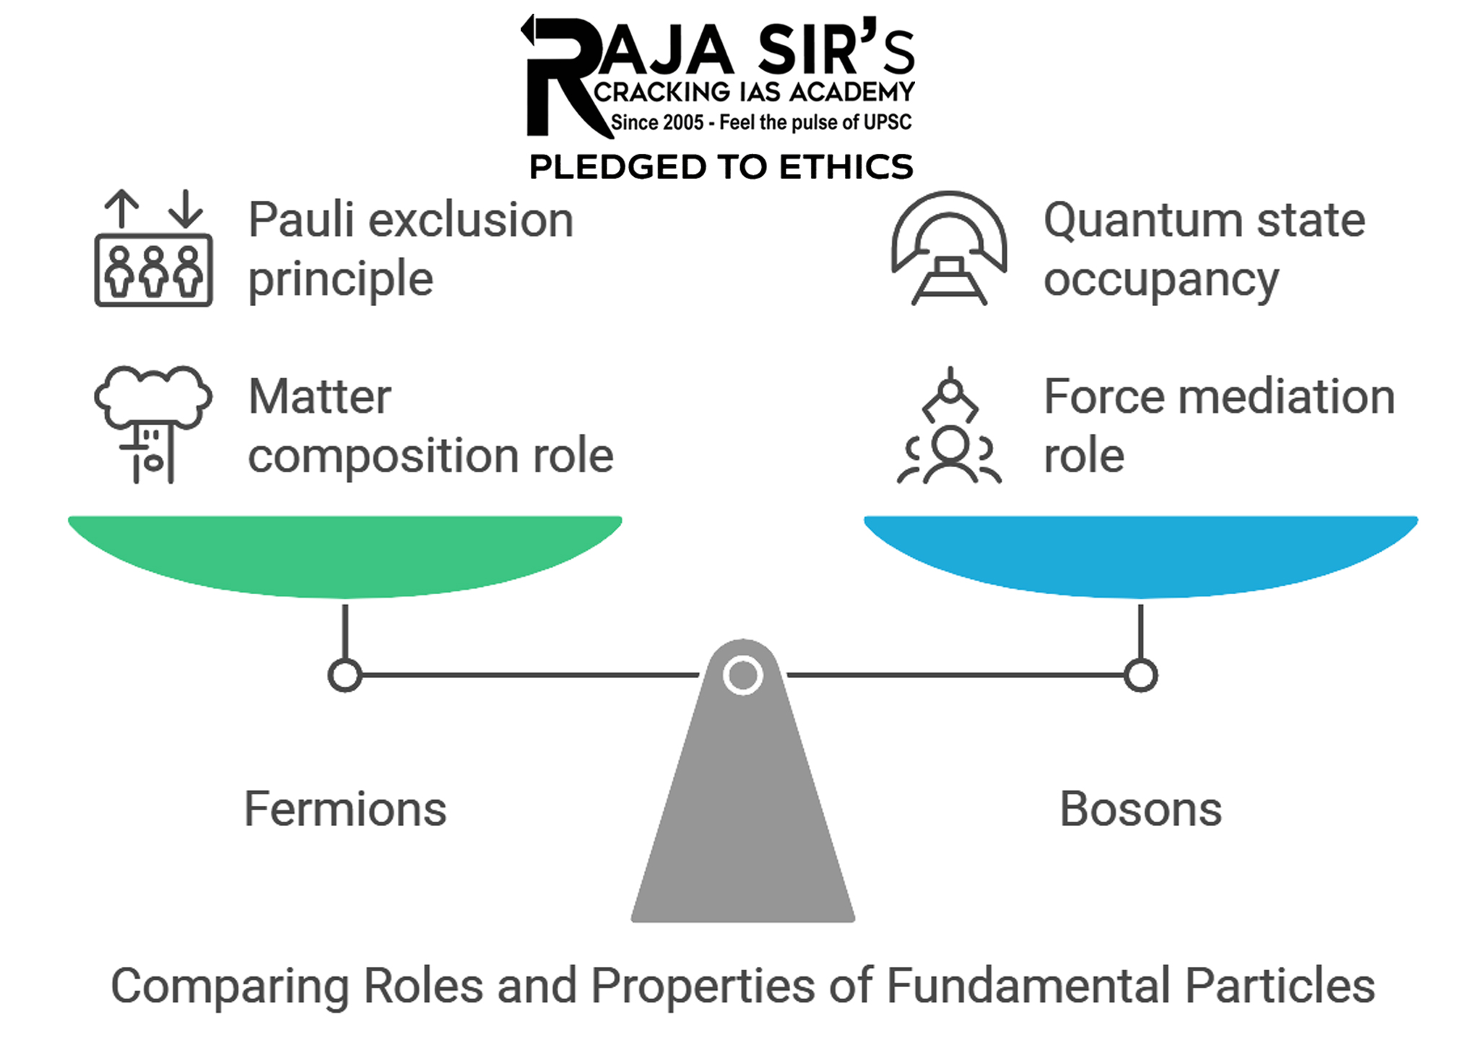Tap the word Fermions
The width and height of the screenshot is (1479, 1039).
(x=345, y=809)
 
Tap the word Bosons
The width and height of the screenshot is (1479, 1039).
(x=1140, y=809)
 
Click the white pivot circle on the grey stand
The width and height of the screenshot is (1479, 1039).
(x=742, y=675)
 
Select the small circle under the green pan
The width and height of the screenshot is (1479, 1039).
(x=345, y=676)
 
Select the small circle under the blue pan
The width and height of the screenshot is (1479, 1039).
(x=1140, y=676)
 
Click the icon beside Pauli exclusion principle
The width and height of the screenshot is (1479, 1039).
(x=153, y=249)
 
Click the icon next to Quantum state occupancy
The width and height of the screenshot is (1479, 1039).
(x=949, y=249)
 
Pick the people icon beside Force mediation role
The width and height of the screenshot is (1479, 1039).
(x=949, y=426)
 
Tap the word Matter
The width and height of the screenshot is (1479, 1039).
(x=319, y=397)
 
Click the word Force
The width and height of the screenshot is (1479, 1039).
(x=1104, y=397)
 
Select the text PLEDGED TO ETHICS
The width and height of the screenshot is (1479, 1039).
(x=721, y=167)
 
